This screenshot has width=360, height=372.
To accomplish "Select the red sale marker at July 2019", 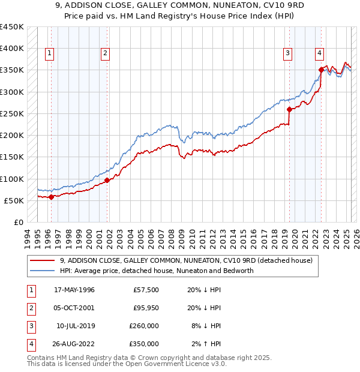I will click(289, 109).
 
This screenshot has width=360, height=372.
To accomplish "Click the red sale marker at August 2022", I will click(321, 70).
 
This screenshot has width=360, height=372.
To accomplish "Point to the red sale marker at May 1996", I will click(51, 197).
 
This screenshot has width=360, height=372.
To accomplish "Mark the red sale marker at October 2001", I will click(107, 180).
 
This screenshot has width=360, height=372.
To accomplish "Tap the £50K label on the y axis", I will click(14, 200).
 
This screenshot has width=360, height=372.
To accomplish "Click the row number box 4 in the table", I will click(30, 344).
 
